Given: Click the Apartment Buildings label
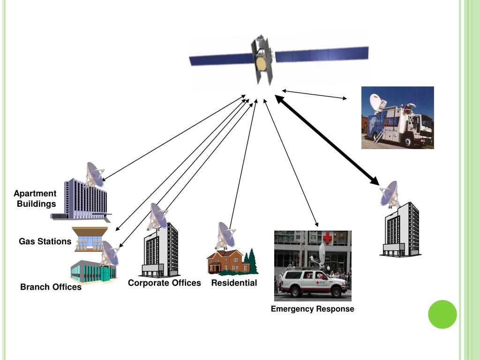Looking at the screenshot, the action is coord(35,199).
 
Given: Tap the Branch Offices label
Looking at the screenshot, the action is coord(51,287).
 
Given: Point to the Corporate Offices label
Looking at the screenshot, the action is coord(164,283).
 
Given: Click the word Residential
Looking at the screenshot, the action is coord(234,283).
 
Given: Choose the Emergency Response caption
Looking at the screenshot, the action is coord(312,309).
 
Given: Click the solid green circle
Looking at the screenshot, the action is coord(442,314).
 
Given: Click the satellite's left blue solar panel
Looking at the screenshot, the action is coord(220,60).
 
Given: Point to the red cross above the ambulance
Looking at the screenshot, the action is coord(327,238).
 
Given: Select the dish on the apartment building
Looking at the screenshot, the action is coord(95,174).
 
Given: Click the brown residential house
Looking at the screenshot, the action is coord(227,262).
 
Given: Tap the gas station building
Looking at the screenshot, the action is coord(90,239).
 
